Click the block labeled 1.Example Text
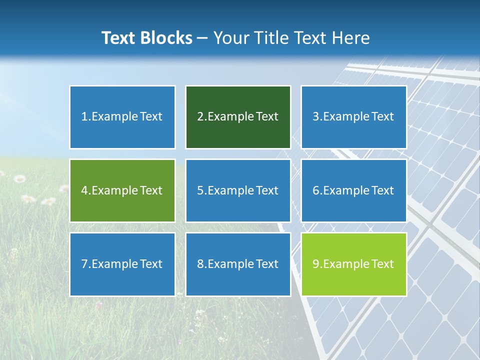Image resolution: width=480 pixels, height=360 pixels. click(x=122, y=117)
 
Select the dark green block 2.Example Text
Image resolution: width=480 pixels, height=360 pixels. click(x=238, y=117)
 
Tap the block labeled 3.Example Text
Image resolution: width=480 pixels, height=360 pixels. click(x=353, y=117)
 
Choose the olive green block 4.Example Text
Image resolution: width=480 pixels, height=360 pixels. click(x=122, y=190)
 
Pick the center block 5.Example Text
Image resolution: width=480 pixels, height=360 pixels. click(x=238, y=190)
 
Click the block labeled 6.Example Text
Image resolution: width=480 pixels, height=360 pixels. click(x=353, y=190)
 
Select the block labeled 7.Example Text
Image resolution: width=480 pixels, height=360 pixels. click(x=122, y=264)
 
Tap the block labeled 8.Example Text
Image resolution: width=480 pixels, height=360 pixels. click(x=238, y=264)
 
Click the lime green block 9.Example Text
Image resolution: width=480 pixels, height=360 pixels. click(x=353, y=264)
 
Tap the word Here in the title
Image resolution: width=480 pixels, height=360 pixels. click(x=350, y=38)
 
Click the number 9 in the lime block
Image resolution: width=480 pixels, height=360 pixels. click(x=316, y=264)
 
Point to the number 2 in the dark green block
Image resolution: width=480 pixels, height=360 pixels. click(x=200, y=117)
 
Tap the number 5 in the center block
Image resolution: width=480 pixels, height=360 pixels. click(x=200, y=190)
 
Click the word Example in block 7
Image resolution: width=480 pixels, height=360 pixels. click(x=114, y=264)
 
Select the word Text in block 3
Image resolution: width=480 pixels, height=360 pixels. click(x=382, y=117)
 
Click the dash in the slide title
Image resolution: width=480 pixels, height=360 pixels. click(x=202, y=38)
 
